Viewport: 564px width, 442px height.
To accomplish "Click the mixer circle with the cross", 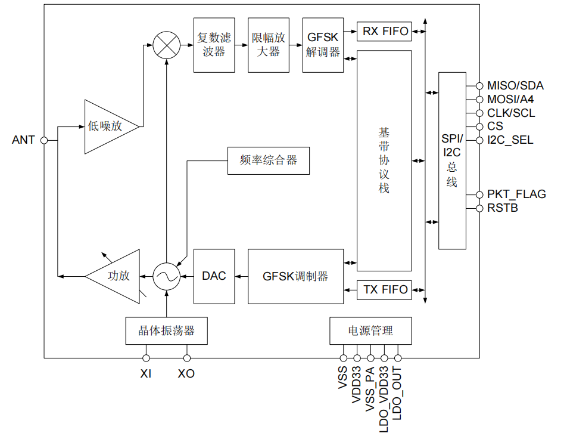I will click(x=167, y=45).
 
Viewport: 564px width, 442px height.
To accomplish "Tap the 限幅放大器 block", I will click(x=267, y=45).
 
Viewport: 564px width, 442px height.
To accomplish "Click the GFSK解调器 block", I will click(x=323, y=45).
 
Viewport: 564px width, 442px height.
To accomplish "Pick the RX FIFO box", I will click(x=386, y=32).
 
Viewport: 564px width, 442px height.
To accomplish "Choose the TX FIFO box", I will click(x=386, y=290).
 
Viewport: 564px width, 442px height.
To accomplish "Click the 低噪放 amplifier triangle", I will click(x=107, y=126).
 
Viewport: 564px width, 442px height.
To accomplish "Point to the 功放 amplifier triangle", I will click(x=117, y=276).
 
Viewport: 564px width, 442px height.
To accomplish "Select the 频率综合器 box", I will click(x=269, y=160).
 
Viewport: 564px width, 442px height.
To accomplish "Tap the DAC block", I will click(x=214, y=276).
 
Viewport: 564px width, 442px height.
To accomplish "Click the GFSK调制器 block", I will click(x=295, y=276).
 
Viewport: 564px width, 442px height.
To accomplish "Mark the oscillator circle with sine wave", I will click(x=167, y=276).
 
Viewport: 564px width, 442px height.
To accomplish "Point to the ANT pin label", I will click(x=23, y=141).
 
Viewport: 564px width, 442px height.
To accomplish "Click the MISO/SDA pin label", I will click(x=515, y=86).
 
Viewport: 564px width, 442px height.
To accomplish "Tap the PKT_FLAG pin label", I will click(x=516, y=194).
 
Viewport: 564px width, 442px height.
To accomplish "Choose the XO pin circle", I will click(x=187, y=358).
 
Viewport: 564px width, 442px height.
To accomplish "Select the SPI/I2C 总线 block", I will click(x=452, y=160).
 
